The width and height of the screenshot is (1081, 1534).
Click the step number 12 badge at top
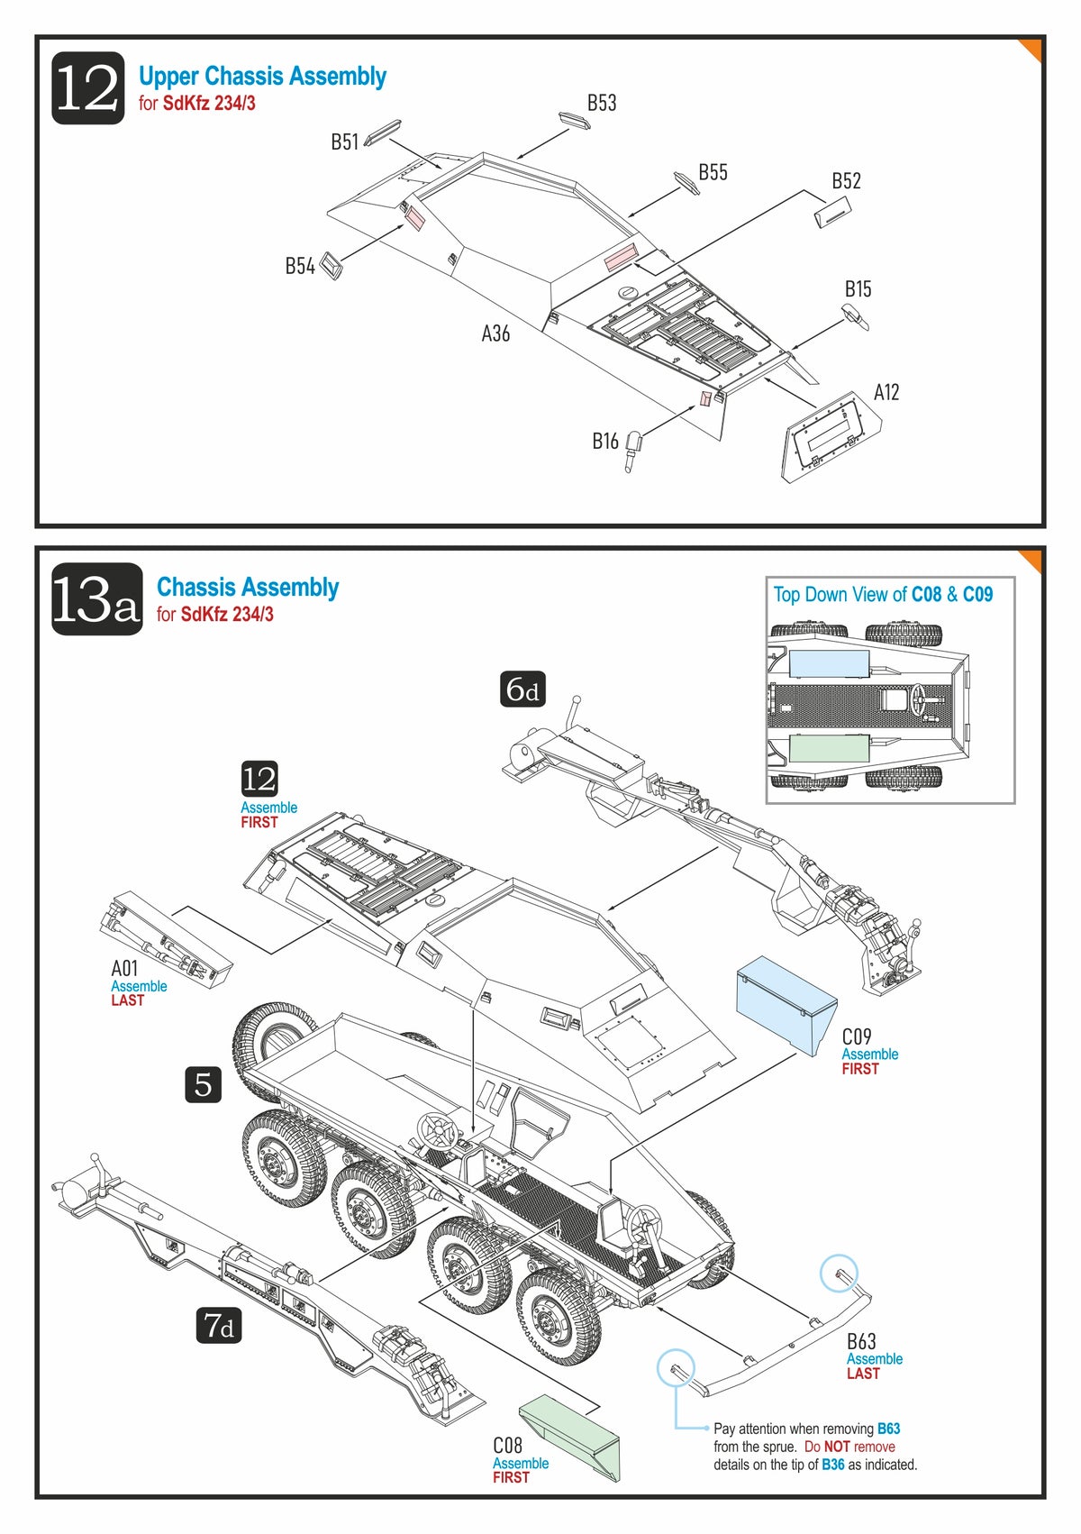click(x=87, y=88)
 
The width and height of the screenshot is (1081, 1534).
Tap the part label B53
click(x=602, y=103)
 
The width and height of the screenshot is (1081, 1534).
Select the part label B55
click(x=713, y=172)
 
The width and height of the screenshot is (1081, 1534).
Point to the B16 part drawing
click(x=634, y=450)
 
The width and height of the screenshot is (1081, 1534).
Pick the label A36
click(x=495, y=333)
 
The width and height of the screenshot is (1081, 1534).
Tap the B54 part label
click(x=300, y=266)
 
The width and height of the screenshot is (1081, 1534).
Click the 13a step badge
click(x=96, y=599)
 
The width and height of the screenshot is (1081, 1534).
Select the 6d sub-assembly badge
click(x=522, y=689)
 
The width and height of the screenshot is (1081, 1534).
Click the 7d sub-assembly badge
click(x=219, y=1325)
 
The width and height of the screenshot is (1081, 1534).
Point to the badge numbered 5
click(x=203, y=1083)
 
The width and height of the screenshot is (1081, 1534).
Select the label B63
click(x=861, y=1341)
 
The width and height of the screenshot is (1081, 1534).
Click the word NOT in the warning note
click(x=837, y=1447)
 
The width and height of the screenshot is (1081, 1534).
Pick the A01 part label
click(x=124, y=968)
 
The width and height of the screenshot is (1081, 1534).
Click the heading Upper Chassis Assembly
click(x=262, y=77)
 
